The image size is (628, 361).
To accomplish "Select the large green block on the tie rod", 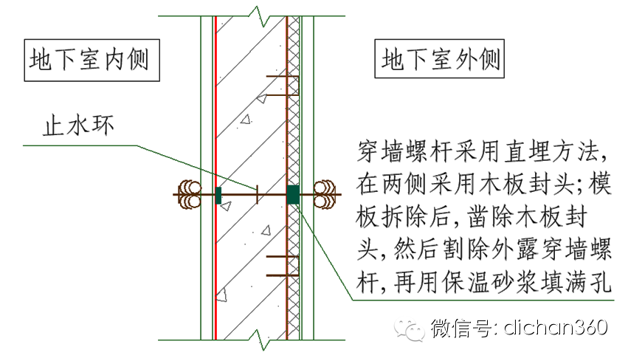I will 293,195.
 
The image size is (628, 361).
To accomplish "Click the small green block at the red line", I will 218,195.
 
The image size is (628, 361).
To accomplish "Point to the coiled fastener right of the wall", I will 325,195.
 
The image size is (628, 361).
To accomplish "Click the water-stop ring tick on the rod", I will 255,195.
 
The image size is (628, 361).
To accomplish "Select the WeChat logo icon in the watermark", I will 408,327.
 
